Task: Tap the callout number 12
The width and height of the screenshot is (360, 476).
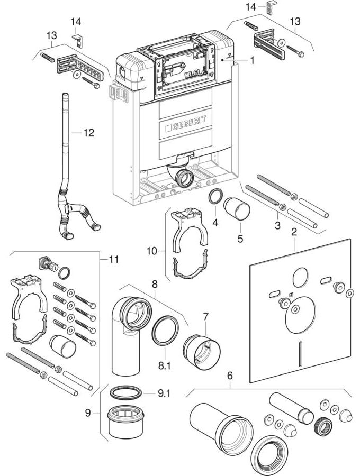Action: [x=88, y=133]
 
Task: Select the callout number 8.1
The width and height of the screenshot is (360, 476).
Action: [x=165, y=364]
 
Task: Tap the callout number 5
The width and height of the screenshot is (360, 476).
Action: [x=240, y=239]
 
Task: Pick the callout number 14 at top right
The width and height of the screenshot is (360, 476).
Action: [x=250, y=6]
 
